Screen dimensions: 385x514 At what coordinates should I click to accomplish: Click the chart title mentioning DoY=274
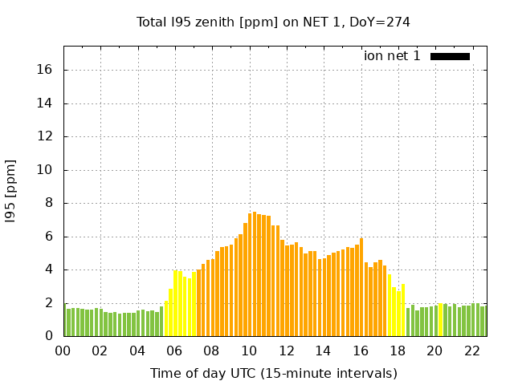[273, 22]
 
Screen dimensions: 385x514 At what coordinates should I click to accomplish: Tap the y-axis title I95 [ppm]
[11, 189]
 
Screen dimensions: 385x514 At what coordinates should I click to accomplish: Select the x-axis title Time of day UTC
[273, 373]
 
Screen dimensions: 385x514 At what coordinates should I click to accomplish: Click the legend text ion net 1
[392, 56]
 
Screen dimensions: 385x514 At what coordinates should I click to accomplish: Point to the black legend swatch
[450, 56]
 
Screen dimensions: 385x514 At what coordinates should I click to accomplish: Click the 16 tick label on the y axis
[44, 70]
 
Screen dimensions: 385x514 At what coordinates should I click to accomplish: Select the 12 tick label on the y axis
[44, 136]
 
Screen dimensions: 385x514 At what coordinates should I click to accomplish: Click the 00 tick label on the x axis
[63, 351]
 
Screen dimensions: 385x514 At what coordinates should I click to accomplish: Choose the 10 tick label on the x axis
[249, 351]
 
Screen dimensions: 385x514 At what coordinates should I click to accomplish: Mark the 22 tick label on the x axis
[471, 351]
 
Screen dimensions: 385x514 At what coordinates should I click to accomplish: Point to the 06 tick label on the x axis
[175, 351]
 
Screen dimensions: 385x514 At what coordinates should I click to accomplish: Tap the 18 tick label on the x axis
[398, 351]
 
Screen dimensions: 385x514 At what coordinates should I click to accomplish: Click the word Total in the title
[152, 22]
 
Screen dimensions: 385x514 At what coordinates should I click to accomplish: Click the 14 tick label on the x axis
[323, 351]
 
